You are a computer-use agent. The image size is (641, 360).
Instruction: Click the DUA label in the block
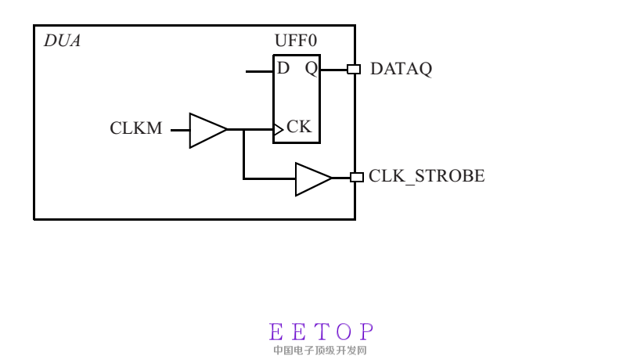coord(62,41)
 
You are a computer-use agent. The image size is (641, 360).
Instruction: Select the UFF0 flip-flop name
coord(296,41)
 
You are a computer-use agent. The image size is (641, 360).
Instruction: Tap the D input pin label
coord(283,68)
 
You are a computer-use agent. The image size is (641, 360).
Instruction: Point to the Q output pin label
coord(311,69)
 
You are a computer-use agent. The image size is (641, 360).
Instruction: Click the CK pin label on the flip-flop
coord(299,126)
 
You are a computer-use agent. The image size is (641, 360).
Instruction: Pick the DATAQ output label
coord(401,69)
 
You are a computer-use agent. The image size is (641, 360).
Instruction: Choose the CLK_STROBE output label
coord(427,176)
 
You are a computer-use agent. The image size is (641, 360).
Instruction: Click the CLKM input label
coord(136,128)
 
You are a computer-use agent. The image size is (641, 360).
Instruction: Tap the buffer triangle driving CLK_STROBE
coord(312,179)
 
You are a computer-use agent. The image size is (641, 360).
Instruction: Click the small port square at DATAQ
coord(354,69)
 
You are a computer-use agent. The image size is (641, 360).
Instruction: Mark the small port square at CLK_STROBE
coord(356,177)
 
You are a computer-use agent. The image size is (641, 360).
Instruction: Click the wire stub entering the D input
coord(259,71)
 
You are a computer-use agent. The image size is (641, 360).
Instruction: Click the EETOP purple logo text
coord(321,331)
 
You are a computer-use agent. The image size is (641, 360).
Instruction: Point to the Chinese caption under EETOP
coord(321,351)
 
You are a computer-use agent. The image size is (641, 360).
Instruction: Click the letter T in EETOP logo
coord(321,331)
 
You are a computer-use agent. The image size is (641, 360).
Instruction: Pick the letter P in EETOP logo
coord(367,331)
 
